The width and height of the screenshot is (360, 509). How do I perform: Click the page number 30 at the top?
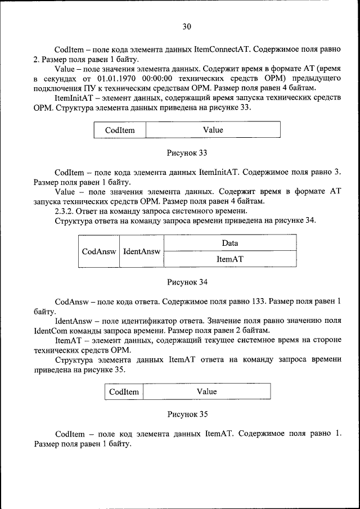pos(187,26)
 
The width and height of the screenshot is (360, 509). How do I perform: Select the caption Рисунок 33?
pos(187,153)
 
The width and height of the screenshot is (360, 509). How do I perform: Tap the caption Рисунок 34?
pos(187,281)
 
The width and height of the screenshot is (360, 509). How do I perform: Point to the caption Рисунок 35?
pos(187,414)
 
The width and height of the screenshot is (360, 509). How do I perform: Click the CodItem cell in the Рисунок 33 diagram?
pos(120,130)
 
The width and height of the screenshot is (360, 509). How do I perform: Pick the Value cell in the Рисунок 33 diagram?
pos(213,130)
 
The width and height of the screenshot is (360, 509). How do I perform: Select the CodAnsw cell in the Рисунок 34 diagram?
pos(98,251)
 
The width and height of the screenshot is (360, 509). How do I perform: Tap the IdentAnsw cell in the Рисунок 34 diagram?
pos(141,251)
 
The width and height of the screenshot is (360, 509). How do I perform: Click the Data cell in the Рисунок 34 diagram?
pos(229,243)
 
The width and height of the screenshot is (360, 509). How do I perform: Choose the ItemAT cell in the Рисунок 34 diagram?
pos(229,259)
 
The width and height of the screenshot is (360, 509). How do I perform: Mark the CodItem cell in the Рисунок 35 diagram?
pos(124,391)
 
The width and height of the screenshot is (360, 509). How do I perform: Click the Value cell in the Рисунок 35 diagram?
pos(206,391)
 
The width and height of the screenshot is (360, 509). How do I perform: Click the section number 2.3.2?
pos(66,211)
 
